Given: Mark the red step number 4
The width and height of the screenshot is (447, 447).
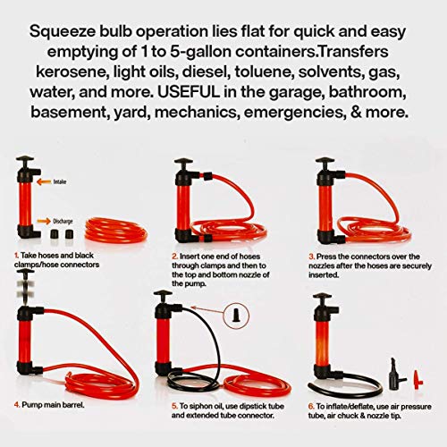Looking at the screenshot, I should (17, 403).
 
